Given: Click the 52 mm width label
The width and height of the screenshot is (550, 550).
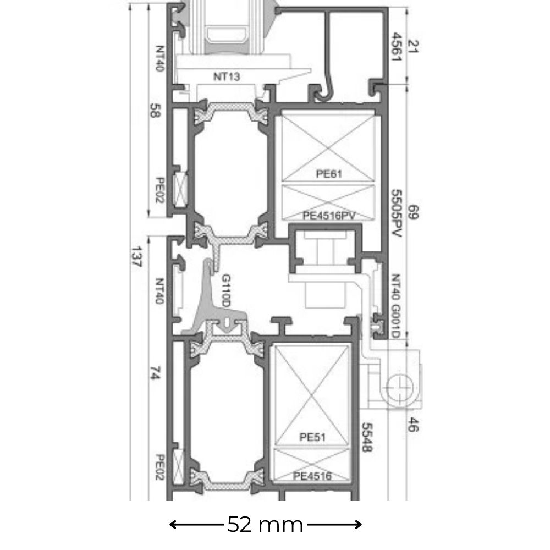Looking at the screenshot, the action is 265,525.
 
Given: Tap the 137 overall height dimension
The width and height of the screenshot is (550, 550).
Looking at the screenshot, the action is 136,257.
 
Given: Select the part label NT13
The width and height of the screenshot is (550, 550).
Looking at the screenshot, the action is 227,76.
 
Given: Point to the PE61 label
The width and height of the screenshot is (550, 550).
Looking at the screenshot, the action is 329,174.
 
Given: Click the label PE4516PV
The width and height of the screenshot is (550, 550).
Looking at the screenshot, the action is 329,216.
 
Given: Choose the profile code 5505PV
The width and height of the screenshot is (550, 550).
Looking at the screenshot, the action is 396,213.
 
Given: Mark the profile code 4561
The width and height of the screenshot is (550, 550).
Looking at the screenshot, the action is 396,47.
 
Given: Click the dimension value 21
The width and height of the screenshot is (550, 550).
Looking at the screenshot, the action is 413,47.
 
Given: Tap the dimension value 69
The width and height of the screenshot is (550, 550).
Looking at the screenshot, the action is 413,212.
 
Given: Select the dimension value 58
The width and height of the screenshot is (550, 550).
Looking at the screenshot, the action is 155,110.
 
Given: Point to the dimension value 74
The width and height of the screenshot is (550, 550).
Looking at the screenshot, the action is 155,373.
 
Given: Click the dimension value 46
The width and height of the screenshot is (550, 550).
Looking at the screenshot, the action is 413,425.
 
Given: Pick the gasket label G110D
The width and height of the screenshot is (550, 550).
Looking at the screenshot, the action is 226,291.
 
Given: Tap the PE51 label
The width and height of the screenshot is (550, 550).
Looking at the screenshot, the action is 312,437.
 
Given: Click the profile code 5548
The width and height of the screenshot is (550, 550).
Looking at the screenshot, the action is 367,437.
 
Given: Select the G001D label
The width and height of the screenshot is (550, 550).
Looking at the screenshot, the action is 396,321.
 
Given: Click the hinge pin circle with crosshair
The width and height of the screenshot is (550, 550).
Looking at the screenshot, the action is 399,388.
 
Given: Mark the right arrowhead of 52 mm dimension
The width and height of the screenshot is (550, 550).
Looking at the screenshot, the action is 358,525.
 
